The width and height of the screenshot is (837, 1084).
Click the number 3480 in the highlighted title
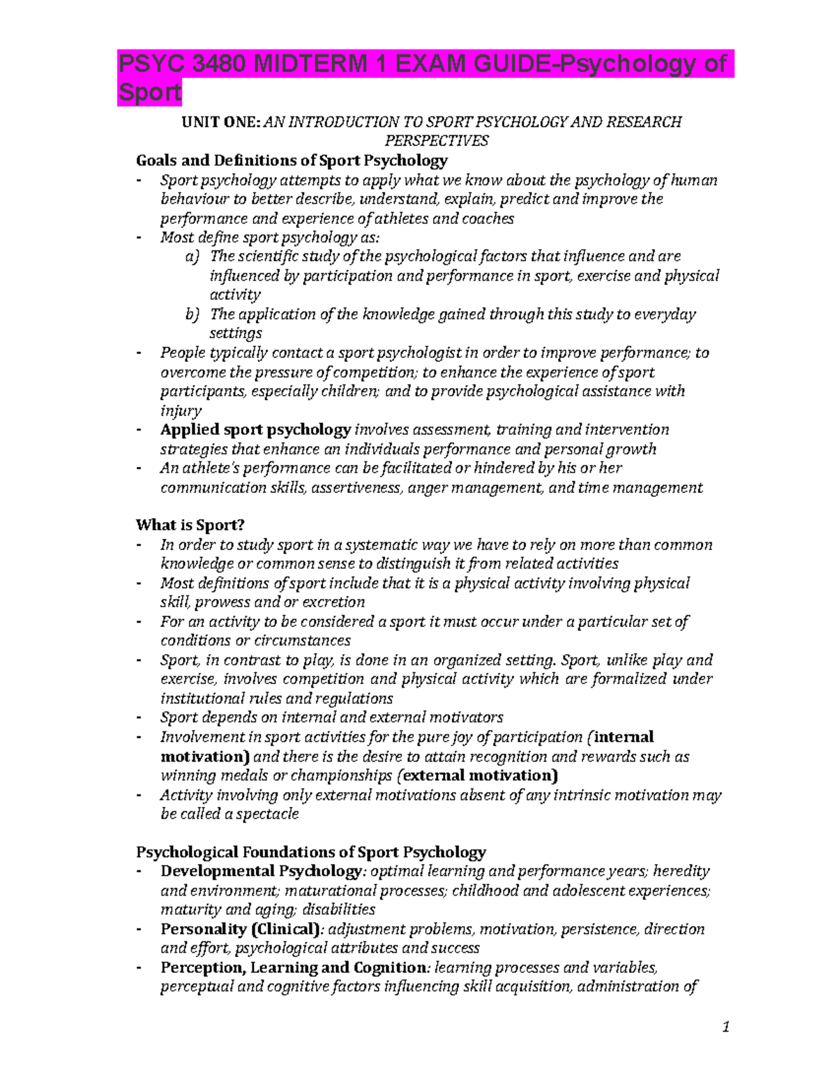217,64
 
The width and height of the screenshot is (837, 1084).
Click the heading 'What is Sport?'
190,525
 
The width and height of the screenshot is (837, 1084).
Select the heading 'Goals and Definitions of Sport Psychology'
292,161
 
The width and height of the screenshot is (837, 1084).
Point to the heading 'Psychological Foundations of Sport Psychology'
310,852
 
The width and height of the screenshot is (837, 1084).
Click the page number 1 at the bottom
726,1026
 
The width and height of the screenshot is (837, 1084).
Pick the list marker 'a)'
192,257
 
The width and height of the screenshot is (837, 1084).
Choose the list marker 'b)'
192,314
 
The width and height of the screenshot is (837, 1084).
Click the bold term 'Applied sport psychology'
255,429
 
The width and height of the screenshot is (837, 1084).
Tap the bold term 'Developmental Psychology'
261,871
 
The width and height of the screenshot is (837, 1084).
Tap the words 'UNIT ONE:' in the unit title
220,122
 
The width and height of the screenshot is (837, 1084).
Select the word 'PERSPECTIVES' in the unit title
437,141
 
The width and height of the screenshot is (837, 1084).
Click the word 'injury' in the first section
180,411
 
